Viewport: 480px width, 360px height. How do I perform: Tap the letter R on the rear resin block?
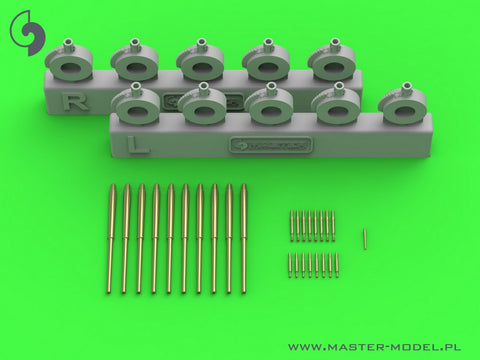pos(67,102)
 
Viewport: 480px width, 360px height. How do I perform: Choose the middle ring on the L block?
pos(268,104)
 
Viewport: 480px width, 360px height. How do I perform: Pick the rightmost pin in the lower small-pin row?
pos(337,265)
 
